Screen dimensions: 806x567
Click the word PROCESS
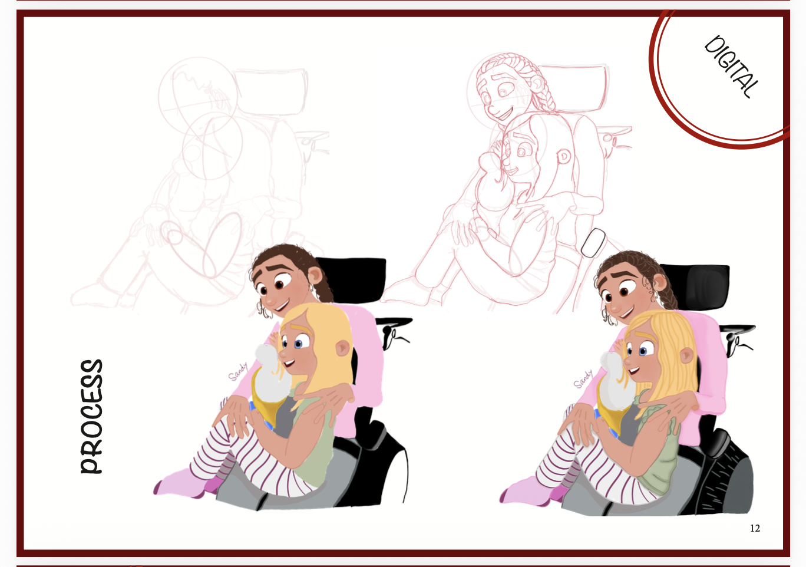coord(91,416)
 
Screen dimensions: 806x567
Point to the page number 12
coord(755,528)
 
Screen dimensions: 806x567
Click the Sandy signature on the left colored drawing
coord(238,371)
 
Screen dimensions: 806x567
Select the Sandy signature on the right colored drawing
coord(583,379)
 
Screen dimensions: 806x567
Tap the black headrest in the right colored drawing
coord(696,286)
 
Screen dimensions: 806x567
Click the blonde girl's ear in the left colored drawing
coord(342,348)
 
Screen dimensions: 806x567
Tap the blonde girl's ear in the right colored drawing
coord(686,355)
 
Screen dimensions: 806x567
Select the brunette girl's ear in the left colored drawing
coord(315,275)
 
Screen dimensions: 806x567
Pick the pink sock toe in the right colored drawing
coord(503,497)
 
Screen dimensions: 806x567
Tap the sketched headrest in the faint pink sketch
coord(269,92)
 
